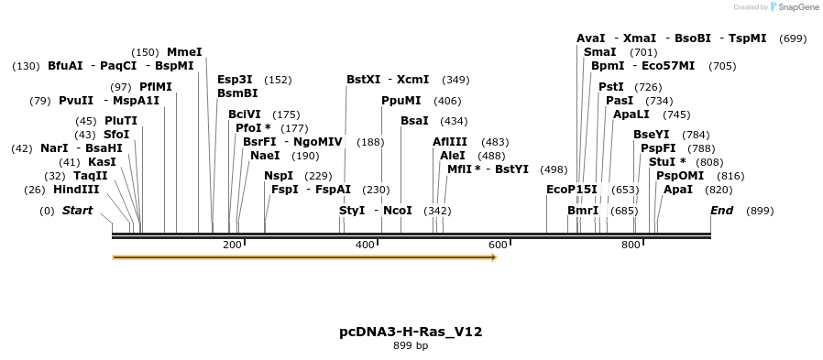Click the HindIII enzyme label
76,190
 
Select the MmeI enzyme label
184,52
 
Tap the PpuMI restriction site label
401,101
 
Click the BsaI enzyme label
414,121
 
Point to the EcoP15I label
571,190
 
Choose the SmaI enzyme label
599,52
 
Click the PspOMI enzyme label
680,176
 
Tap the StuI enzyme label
666,162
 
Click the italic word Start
77,211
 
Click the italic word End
722,211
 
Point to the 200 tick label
232,245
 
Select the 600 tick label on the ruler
498,245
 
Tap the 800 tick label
631,245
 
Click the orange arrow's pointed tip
495,257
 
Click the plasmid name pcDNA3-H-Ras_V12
411,332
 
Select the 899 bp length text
411,346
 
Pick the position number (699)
792,38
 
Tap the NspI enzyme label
279,176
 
